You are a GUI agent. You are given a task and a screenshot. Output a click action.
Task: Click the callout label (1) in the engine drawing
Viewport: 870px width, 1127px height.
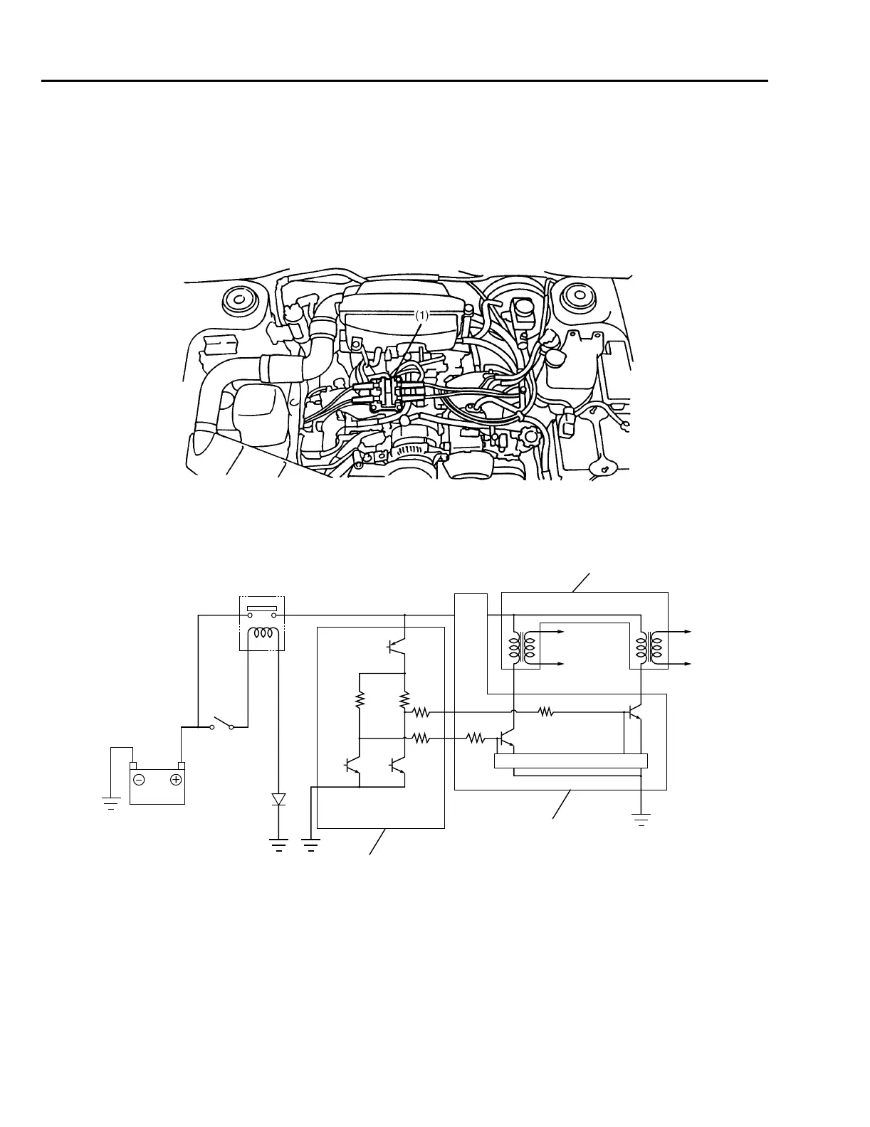pyautogui.click(x=422, y=315)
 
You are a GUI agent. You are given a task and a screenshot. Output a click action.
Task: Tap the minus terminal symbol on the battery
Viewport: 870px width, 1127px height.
pyautogui.click(x=140, y=780)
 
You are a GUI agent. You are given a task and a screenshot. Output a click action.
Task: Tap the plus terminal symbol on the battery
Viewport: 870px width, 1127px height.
pyautogui.click(x=176, y=780)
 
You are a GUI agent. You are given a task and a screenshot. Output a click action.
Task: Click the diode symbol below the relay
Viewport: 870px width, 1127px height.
pyautogui.click(x=278, y=799)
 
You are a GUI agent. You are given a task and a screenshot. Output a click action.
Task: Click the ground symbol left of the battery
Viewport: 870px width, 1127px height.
pyautogui.click(x=111, y=805)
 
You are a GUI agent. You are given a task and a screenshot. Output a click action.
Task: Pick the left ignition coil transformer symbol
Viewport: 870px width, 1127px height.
pyautogui.click(x=521, y=648)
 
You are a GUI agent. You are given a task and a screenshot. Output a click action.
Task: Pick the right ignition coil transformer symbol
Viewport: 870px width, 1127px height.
pyautogui.click(x=649, y=648)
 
